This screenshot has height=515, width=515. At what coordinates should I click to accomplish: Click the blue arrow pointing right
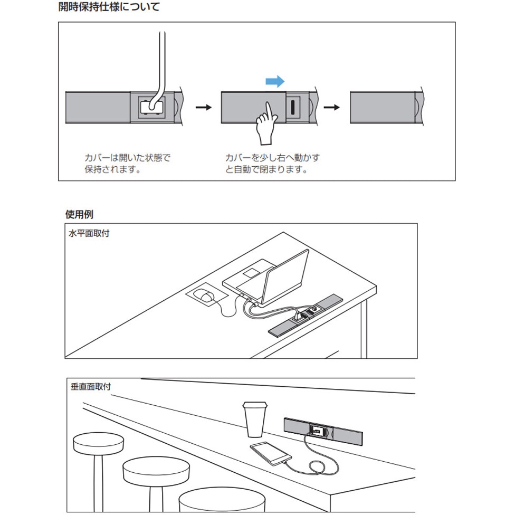coord(274,81)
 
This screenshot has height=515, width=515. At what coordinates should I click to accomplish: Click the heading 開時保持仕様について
coord(109,7)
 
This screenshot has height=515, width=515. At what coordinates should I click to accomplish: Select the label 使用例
coord(79,214)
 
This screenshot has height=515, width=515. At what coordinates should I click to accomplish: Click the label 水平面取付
coord(89,233)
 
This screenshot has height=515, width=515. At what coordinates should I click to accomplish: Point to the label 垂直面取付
coord(91,387)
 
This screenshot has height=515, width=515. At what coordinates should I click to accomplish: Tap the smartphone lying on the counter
coord(269,453)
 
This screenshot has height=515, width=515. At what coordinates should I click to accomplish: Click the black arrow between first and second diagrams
coord(204,107)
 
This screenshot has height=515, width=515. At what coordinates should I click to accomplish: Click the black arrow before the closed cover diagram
coord(331,107)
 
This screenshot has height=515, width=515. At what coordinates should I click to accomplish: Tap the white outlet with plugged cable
coord(150,107)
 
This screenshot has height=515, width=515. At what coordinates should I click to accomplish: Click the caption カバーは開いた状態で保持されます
coord(127,164)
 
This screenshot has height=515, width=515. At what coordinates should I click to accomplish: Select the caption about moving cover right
coord(272,164)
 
